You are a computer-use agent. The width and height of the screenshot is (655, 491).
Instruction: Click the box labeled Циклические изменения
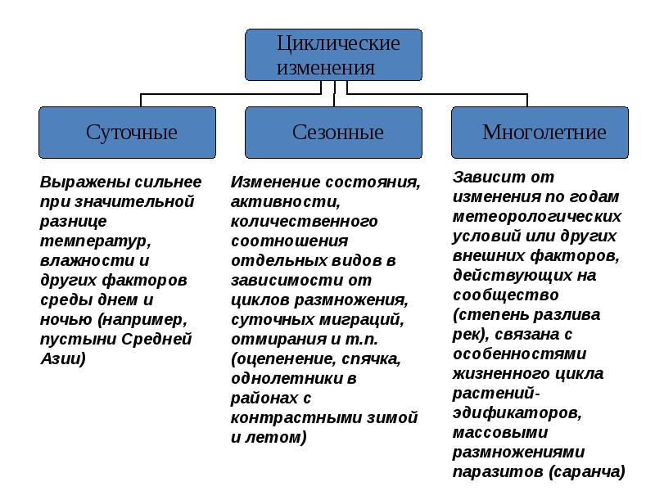tap(334, 55)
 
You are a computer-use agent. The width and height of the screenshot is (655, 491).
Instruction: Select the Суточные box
tap(127, 132)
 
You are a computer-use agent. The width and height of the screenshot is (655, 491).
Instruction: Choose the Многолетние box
tap(540, 132)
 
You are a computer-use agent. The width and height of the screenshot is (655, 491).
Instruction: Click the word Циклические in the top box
tap(338, 43)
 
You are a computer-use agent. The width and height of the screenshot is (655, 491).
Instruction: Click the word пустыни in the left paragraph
tap(71, 339)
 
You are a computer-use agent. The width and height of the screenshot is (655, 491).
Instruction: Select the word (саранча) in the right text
tap(586, 471)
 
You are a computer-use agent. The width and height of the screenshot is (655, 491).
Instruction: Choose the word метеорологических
tap(536, 216)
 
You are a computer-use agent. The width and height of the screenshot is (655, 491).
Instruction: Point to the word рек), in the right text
tap(471, 334)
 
